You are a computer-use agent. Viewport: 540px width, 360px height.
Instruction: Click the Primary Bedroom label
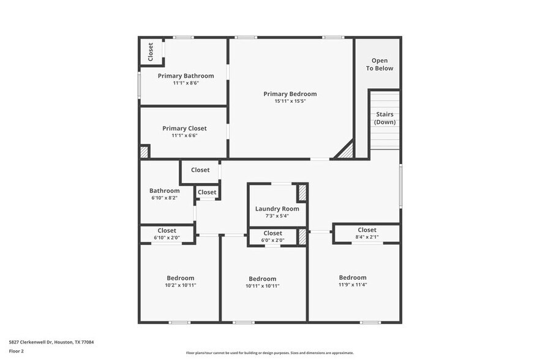tap(290, 94)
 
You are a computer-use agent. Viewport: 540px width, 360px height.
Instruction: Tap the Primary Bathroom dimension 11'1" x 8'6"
tap(186, 83)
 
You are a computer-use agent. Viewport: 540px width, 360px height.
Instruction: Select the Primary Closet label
tap(184, 129)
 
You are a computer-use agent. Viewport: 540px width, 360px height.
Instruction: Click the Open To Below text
tap(380, 64)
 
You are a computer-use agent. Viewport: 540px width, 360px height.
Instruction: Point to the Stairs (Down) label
tap(384, 118)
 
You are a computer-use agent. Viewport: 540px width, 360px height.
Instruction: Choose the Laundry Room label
tap(277, 209)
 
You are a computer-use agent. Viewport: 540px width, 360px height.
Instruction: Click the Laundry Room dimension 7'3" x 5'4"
tap(277, 216)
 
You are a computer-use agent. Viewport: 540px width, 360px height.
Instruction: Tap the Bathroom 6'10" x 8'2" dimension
tap(165, 198)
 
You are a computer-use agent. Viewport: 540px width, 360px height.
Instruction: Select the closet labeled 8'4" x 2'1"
tap(367, 233)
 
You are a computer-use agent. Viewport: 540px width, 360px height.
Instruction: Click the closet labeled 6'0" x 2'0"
tap(272, 236)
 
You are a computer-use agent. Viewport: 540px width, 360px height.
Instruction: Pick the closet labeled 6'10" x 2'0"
tap(167, 234)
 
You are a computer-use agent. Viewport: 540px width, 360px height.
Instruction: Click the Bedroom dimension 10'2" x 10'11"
tap(180, 285)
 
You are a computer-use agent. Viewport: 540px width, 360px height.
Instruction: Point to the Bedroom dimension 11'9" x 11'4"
tap(353, 284)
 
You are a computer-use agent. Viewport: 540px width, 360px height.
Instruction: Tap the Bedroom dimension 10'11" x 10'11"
tap(262, 285)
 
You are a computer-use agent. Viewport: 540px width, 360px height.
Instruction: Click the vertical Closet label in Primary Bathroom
tap(151, 51)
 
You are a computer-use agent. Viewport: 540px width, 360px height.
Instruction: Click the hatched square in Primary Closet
tap(144, 152)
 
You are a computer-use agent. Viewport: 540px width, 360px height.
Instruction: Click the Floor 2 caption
tap(17, 351)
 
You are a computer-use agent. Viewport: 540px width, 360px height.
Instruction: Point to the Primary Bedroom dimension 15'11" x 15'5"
tap(290, 101)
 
